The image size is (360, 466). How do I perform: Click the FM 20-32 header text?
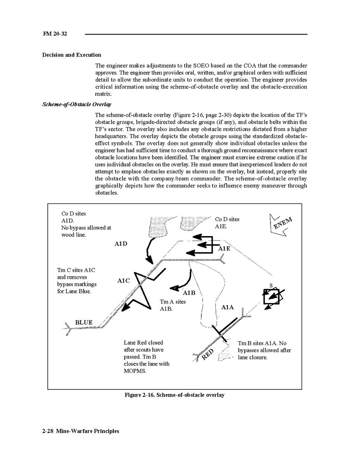[55, 34]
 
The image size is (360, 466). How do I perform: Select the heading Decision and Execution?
[72, 55]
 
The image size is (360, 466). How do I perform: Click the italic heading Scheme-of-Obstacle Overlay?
[77, 104]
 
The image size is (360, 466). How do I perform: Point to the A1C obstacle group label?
[123, 280]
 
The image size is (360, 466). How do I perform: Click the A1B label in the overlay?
[189, 293]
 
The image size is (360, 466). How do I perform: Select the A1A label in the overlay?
[227, 307]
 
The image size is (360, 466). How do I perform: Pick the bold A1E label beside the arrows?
[224, 249]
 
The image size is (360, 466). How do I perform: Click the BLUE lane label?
[84, 322]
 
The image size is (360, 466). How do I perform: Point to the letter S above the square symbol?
[271, 286]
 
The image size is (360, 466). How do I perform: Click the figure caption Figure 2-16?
[174, 395]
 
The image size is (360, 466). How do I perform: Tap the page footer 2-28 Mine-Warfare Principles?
[80, 431]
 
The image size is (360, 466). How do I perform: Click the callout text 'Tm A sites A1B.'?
[173, 305]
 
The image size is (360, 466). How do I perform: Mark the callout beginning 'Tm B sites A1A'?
[264, 350]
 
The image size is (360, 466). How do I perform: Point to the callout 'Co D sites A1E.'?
[227, 222]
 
